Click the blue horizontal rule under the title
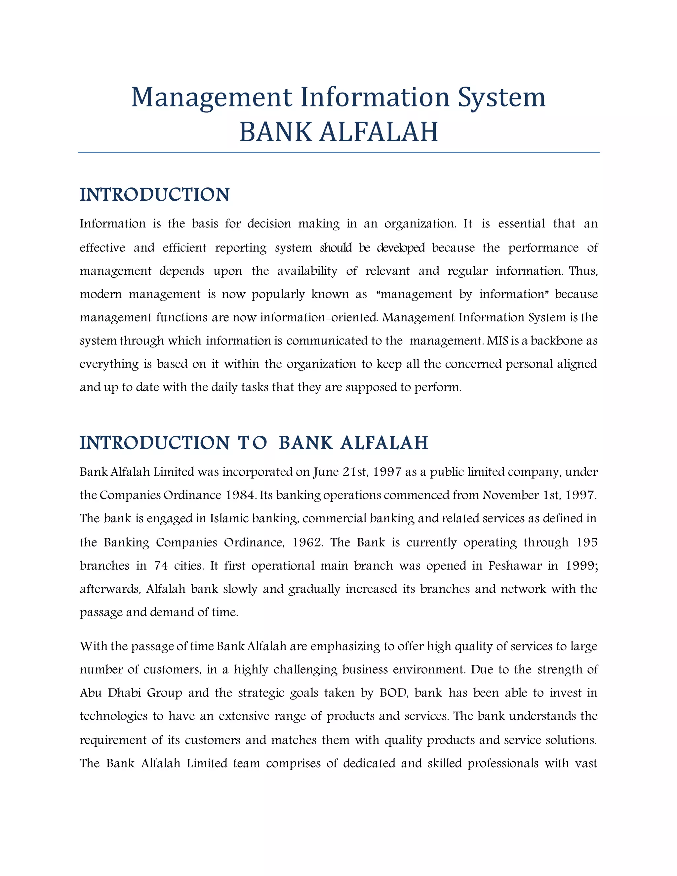coord(338,152)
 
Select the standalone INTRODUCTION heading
coord(154,195)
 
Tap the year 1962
coord(307,543)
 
